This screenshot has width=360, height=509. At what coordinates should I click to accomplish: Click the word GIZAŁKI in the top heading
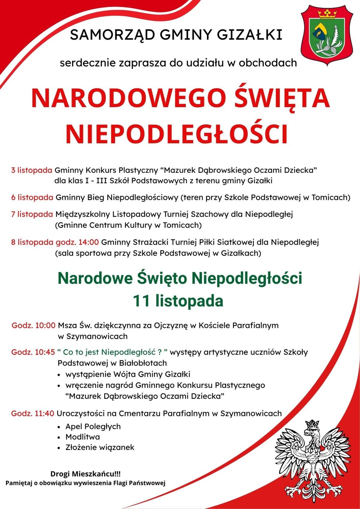(x=249, y=35)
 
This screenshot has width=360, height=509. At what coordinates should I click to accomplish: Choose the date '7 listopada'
(x=32, y=214)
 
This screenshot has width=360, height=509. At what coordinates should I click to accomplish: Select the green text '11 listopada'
(x=178, y=301)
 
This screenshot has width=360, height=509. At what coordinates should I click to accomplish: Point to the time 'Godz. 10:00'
(x=34, y=325)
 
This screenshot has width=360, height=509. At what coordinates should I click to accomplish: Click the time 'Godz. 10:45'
(x=33, y=352)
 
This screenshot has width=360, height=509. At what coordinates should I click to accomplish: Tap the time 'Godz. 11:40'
(x=33, y=413)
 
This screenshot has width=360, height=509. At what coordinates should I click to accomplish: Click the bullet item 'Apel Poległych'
(x=93, y=426)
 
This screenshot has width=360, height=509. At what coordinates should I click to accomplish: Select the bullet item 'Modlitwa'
(x=82, y=437)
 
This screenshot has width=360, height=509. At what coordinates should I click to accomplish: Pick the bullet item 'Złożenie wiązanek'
(x=100, y=447)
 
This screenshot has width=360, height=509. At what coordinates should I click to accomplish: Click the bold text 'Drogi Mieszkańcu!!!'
(x=85, y=474)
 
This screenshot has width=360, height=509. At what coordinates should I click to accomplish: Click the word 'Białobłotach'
(x=142, y=363)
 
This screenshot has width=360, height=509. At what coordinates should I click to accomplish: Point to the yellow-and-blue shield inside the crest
(x=319, y=31)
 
